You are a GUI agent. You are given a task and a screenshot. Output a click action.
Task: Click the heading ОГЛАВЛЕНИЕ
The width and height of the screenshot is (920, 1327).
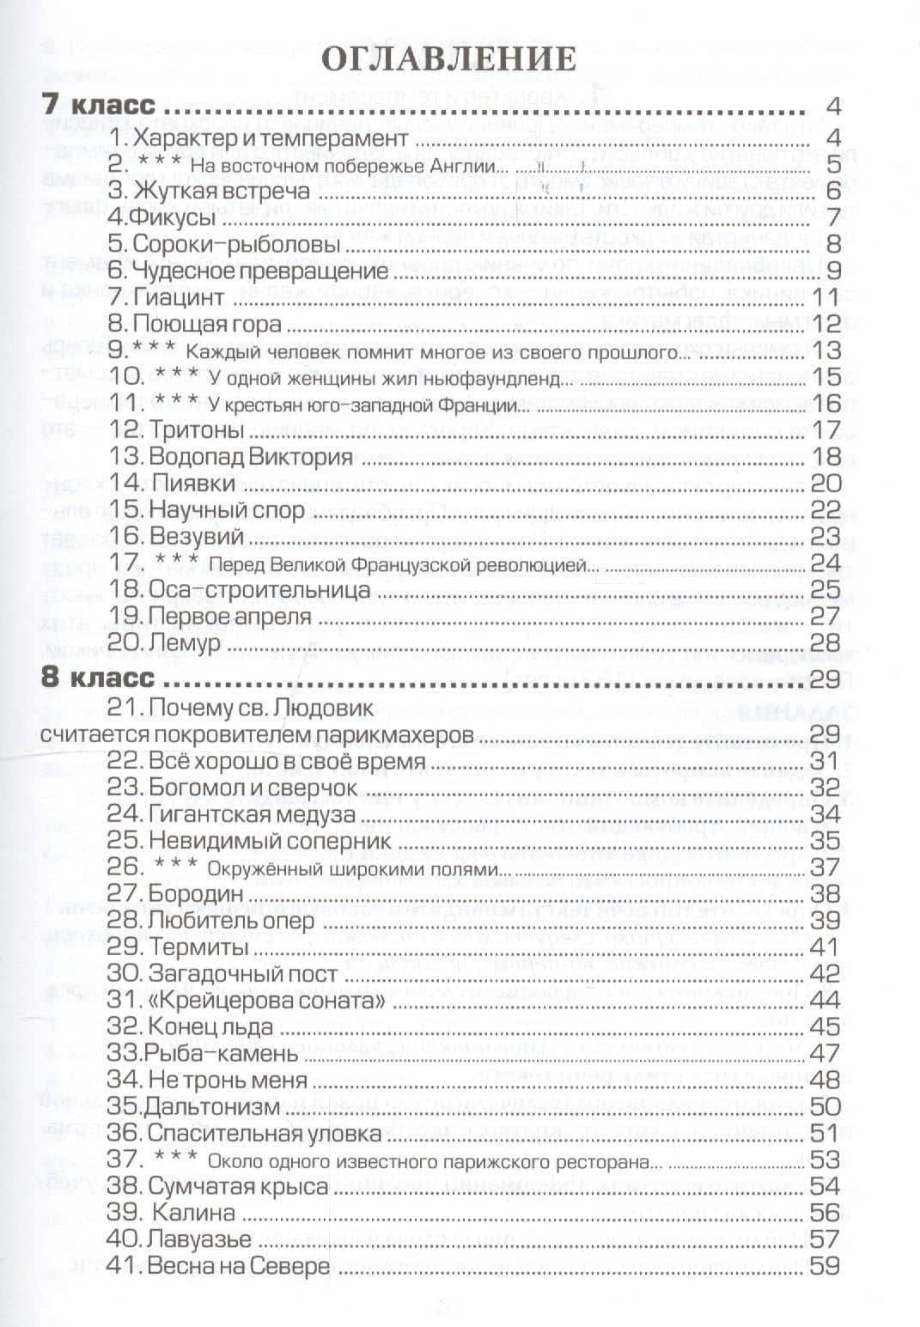448,58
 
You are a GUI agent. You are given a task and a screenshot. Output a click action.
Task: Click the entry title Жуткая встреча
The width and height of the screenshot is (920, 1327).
221,191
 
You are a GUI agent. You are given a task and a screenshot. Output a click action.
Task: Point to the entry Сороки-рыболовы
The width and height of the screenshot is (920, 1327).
236,244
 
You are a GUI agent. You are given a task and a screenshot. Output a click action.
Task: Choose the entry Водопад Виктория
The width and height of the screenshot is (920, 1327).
249,456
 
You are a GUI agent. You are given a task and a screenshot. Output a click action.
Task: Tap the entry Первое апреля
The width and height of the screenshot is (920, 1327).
229,617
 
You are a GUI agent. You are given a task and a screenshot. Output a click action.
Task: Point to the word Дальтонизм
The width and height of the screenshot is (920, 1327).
213,1106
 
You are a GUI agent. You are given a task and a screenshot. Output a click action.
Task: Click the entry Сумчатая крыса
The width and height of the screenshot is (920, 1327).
238,1186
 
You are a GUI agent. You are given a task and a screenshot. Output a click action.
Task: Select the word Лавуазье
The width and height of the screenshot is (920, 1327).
199,1239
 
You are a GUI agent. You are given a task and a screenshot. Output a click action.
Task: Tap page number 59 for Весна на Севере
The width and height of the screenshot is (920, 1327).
824,1265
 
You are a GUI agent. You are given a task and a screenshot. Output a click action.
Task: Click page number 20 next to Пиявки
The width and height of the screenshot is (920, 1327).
825,483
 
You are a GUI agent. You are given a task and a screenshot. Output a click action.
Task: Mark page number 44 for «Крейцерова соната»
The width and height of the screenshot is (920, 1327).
825,1001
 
